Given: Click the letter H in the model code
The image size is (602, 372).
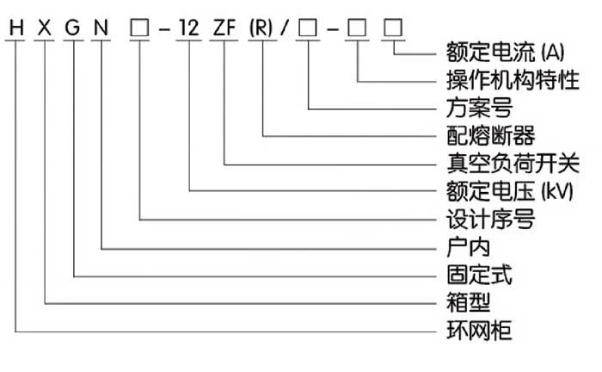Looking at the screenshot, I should [x=15, y=29].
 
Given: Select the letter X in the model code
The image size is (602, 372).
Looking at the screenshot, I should [x=45, y=29].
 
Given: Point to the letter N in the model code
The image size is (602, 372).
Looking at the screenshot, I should [x=102, y=29].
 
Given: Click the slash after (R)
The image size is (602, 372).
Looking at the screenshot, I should [x=285, y=29].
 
